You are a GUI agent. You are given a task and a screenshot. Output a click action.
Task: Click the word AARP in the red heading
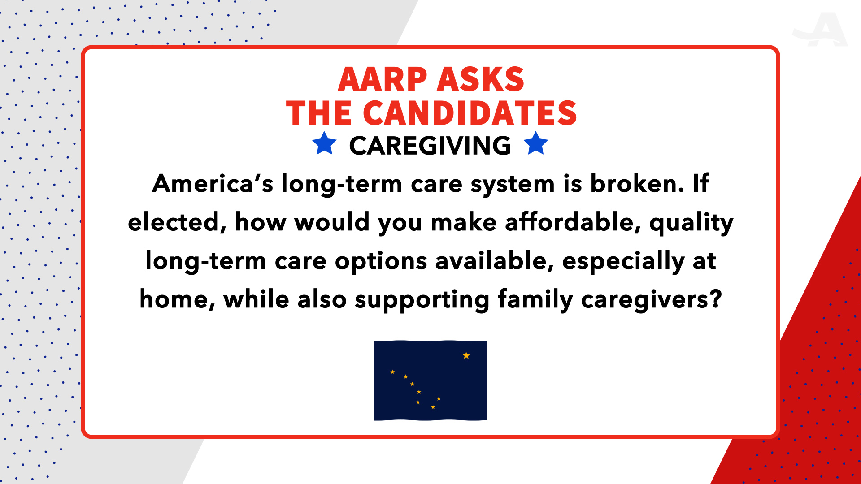(382, 80)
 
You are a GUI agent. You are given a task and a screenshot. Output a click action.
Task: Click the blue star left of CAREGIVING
(324, 144)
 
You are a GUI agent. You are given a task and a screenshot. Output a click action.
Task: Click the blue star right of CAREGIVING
(535, 144)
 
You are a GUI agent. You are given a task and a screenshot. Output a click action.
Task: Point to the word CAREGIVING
(430, 146)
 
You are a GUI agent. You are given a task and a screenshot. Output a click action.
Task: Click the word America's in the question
(212, 184)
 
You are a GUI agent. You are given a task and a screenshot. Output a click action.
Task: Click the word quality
(691, 223)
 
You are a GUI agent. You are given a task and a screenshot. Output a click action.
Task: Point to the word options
(381, 261)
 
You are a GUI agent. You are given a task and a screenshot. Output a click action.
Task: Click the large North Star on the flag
(466, 355)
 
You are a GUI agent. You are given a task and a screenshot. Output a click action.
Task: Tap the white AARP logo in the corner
(820, 30)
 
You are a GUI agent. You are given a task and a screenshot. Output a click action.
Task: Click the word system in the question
(513, 184)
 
